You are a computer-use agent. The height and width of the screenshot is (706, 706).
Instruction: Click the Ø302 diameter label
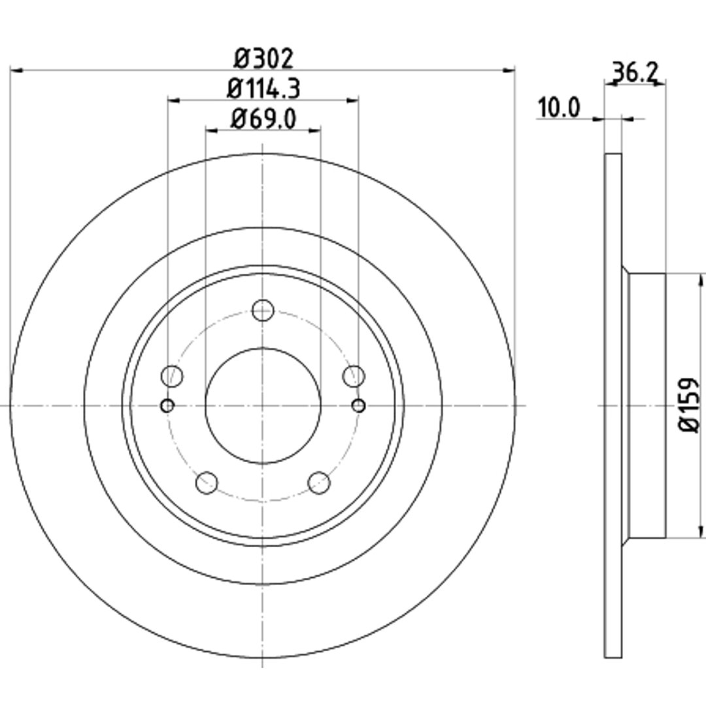263,58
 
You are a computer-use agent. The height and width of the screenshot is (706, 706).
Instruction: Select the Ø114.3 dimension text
263,88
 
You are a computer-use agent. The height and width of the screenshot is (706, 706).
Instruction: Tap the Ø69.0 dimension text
263,120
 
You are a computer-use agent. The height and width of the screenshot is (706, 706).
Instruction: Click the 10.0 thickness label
559,108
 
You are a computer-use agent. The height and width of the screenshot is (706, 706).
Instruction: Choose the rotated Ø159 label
690,405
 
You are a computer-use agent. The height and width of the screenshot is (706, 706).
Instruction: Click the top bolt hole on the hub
263,311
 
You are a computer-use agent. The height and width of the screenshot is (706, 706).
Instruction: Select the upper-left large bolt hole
171,376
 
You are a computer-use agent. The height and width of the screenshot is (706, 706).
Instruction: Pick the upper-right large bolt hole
354,376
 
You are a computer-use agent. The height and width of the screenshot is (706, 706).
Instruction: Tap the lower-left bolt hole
207,482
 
